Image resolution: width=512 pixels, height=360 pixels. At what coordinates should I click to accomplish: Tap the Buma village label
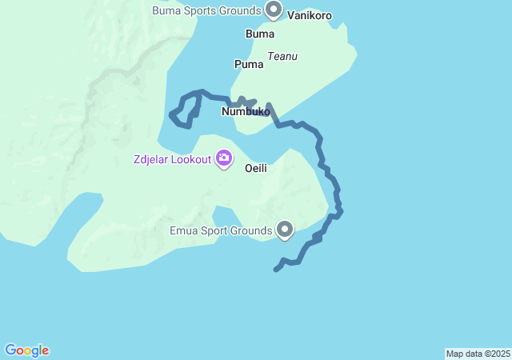click(260, 34)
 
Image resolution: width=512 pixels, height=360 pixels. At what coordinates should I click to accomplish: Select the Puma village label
click(248, 64)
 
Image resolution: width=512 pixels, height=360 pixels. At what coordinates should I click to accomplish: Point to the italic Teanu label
click(282, 56)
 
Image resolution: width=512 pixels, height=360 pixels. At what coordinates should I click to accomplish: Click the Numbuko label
click(246, 112)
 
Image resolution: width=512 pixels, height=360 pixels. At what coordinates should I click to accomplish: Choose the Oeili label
click(255, 169)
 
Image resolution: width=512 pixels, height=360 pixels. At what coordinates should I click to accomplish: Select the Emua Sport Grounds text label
click(222, 231)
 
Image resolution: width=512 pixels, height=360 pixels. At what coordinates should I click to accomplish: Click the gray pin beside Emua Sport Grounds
click(285, 230)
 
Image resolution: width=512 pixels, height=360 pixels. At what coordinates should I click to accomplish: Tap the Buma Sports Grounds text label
click(206, 10)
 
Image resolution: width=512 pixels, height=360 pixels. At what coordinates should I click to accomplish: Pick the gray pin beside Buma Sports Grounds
click(274, 10)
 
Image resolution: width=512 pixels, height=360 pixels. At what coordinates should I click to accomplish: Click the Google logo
click(26, 350)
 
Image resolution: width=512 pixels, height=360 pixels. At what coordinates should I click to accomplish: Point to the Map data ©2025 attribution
click(478, 354)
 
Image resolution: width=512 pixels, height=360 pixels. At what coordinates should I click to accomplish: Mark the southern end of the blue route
click(276, 270)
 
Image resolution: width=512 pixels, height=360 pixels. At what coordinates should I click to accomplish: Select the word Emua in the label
click(184, 231)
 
